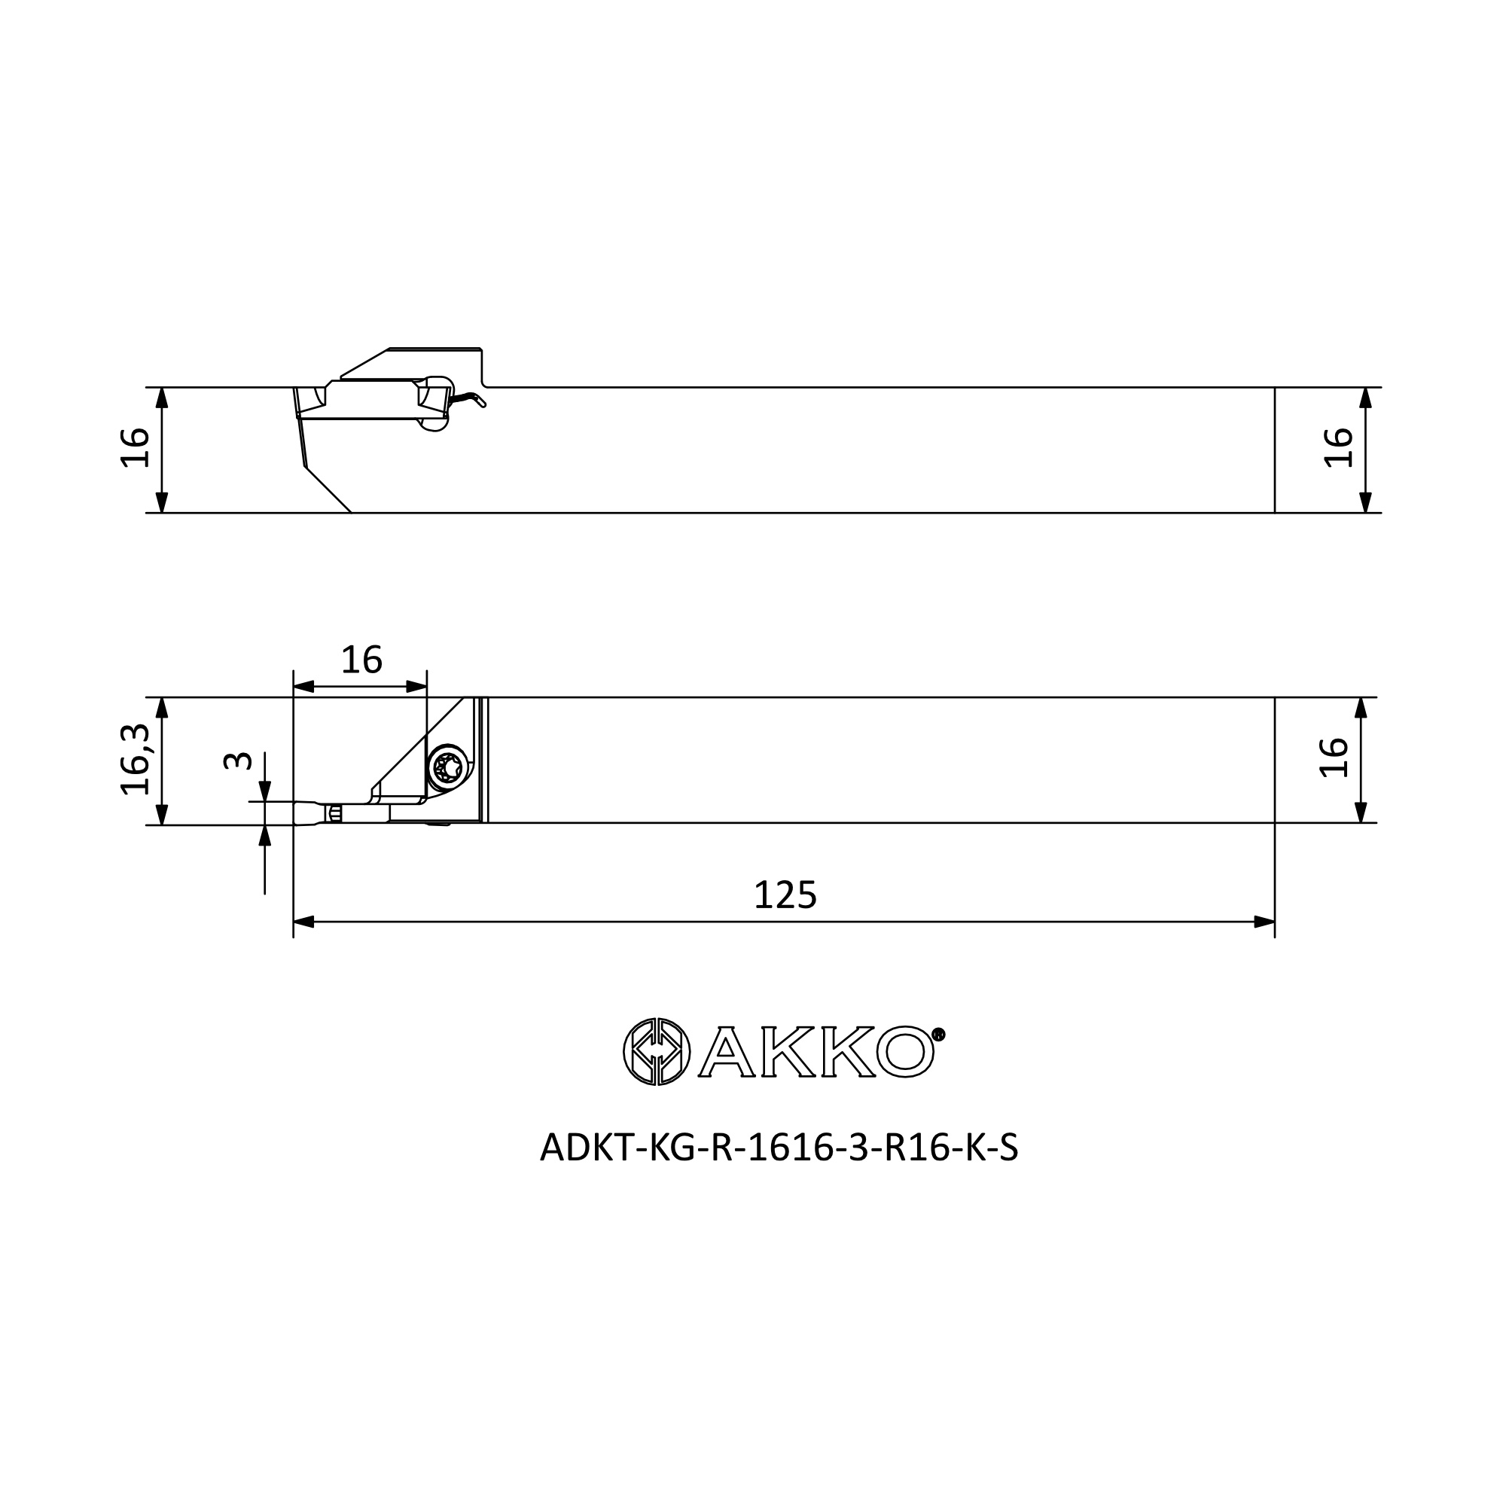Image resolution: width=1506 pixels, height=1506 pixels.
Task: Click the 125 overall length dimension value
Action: [785, 895]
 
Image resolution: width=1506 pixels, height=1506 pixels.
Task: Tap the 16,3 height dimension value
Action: [136, 759]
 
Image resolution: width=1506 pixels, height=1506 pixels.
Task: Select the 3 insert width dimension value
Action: [238, 761]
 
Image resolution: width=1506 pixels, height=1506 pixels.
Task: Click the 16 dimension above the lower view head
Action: [361, 660]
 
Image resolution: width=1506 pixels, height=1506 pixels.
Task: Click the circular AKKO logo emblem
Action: [657, 1051]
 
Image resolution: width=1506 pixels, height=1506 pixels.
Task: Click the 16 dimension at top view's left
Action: [136, 447]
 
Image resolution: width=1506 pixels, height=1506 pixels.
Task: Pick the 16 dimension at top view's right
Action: [1339, 447]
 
